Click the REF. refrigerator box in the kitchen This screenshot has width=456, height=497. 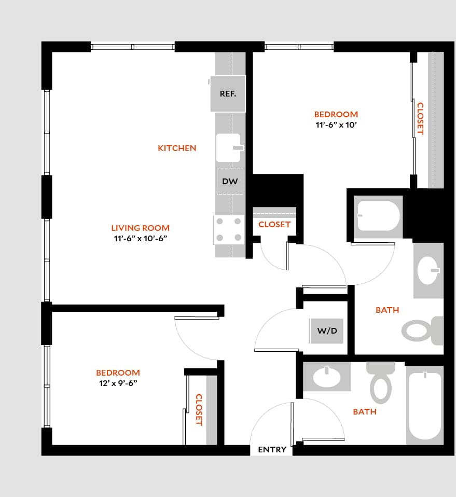point(228,94)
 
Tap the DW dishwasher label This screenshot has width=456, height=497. point(230,182)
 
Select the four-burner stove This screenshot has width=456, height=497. point(229,229)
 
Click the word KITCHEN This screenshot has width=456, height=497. point(177,148)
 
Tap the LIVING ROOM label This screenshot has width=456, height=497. point(140,228)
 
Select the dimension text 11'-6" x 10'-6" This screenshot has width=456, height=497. point(140,239)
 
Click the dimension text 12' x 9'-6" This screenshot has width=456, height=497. point(118,383)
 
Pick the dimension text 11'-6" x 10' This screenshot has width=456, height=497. point(336,125)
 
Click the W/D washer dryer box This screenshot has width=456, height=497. point(327,331)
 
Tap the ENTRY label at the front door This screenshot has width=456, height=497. point(272,450)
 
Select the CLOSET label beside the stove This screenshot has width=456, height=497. point(274,225)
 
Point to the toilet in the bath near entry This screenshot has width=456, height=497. point(381,384)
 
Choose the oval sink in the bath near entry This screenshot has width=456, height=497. point(327,377)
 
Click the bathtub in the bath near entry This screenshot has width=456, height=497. point(424,405)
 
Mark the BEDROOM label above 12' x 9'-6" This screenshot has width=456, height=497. point(118,372)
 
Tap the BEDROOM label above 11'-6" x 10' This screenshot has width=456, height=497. point(336,114)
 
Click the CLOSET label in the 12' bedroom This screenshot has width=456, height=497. point(198,410)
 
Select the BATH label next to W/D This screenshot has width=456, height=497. point(387,310)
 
